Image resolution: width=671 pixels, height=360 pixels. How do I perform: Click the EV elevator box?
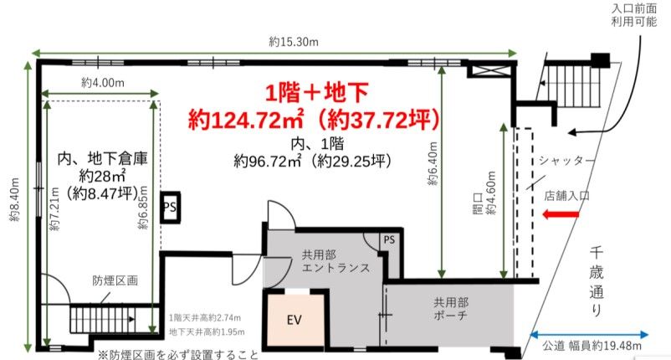[294, 318]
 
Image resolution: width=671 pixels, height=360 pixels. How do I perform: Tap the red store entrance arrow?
[561, 213]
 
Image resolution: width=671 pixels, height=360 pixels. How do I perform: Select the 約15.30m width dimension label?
[294, 42]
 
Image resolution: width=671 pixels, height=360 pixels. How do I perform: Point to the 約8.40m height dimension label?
[14, 199]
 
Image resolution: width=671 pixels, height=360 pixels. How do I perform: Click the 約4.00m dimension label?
[103, 83]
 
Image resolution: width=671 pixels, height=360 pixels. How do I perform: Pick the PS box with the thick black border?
[171, 207]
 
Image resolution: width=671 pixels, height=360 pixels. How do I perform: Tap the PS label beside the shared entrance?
[389, 239]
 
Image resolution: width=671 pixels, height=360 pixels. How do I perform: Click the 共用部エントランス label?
[335, 261]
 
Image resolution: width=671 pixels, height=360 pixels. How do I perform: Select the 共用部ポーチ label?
[451, 309]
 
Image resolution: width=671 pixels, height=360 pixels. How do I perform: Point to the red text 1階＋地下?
[316, 92]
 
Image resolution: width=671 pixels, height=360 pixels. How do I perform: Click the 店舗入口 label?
[567, 196]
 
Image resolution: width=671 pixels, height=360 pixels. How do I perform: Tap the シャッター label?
[566, 161]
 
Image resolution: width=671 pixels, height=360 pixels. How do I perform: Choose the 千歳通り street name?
[597, 281]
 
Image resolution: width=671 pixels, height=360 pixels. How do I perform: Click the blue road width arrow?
[589, 335]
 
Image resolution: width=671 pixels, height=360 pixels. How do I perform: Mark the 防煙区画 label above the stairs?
[115, 280]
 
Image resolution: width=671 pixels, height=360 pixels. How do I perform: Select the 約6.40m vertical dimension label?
[433, 163]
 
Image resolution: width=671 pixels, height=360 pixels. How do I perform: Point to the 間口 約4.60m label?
[485, 193]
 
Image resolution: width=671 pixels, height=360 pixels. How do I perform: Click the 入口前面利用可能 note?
[634, 14]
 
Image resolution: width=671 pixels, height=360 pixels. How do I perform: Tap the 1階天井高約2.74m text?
[204, 317]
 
